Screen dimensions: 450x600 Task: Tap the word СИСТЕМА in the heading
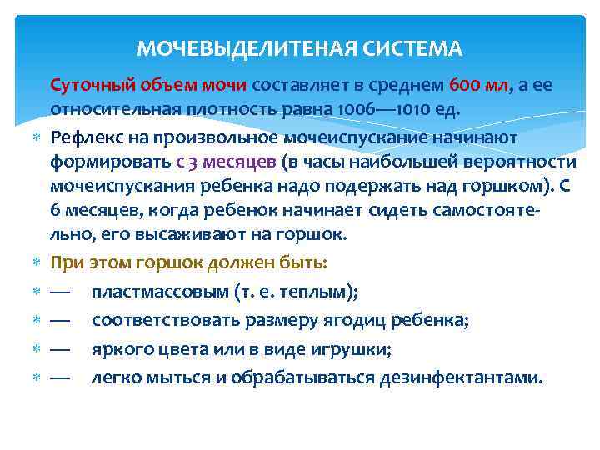[x=412, y=49]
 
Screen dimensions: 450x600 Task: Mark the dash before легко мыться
[x=60, y=377]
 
